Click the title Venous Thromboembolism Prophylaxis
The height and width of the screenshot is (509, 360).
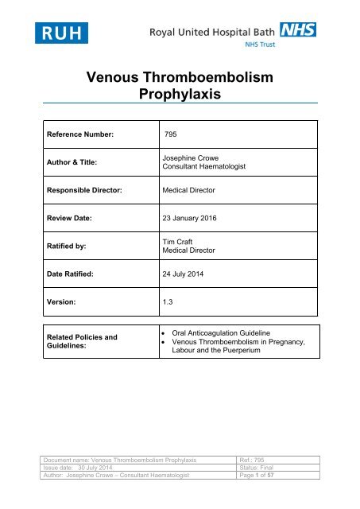pyautogui.click(x=180, y=85)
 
